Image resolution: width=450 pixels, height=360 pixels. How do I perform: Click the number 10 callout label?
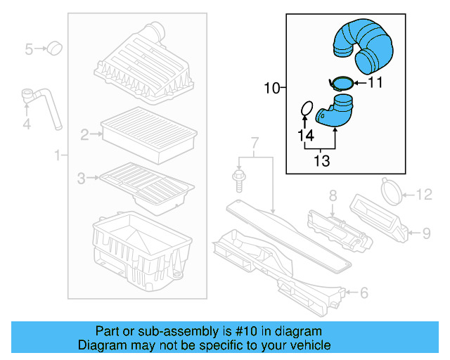271,89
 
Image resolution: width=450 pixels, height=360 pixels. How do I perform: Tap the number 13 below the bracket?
321,162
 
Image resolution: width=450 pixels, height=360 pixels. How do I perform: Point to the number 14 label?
304,135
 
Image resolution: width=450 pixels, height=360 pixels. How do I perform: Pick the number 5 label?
29,49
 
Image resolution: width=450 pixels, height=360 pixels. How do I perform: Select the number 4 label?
27,125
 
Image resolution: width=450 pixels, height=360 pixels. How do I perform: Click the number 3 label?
82,179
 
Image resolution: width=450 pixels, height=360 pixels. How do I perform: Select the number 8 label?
333,195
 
